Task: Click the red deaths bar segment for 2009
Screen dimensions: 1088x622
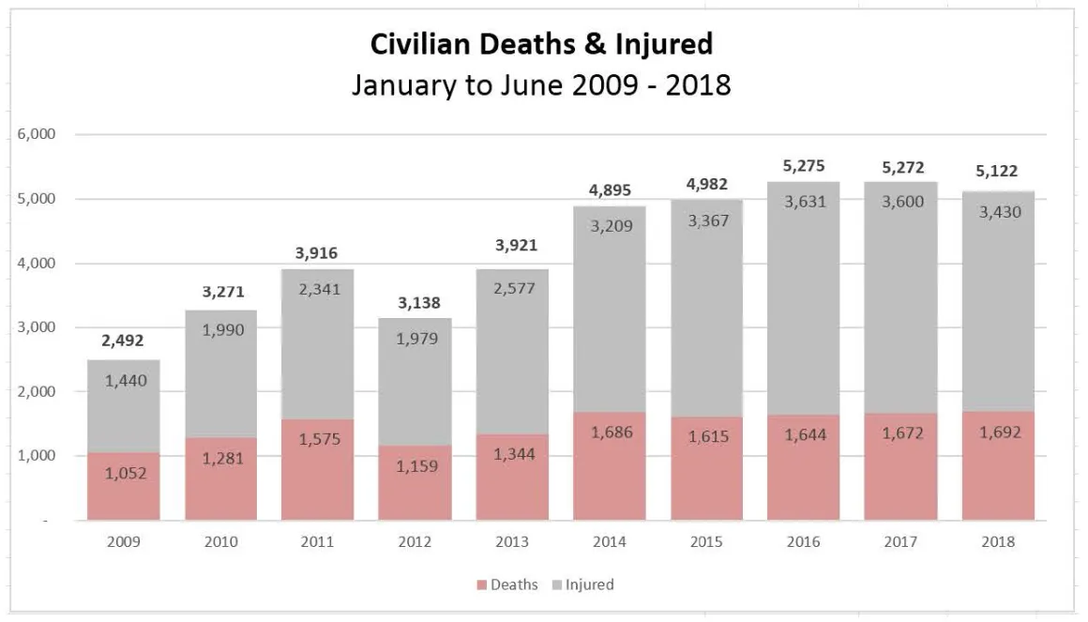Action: pyautogui.click(x=124, y=486)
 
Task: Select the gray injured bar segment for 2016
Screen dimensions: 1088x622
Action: pyautogui.click(x=804, y=298)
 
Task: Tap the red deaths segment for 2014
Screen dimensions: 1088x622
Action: pyautogui.click(x=610, y=466)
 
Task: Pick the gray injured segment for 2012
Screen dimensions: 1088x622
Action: pyautogui.click(x=415, y=382)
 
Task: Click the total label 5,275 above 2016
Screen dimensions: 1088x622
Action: pyautogui.click(x=804, y=166)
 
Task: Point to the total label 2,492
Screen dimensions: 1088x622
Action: pyautogui.click(x=123, y=341)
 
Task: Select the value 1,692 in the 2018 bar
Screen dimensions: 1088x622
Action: pyautogui.click(x=1000, y=432)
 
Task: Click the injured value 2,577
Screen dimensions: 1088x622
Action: pyautogui.click(x=514, y=288)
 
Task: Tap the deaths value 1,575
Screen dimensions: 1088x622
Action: pyautogui.click(x=320, y=439)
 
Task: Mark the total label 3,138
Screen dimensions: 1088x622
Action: pyautogui.click(x=419, y=303)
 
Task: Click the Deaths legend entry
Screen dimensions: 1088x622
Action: pyautogui.click(x=507, y=584)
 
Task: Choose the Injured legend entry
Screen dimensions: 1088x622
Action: pyautogui.click(x=583, y=584)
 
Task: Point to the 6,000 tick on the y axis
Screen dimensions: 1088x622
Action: pyautogui.click(x=36, y=134)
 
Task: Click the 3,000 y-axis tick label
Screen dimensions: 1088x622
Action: pyautogui.click(x=36, y=327)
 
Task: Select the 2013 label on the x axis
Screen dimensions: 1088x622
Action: pyautogui.click(x=512, y=541)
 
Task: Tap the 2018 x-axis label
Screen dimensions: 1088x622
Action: pyautogui.click(x=998, y=541)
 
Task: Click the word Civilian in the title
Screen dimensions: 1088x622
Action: pyautogui.click(x=420, y=44)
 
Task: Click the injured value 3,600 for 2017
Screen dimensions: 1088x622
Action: pyautogui.click(x=902, y=202)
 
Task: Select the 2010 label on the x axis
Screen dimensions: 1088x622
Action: pyautogui.click(x=220, y=541)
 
